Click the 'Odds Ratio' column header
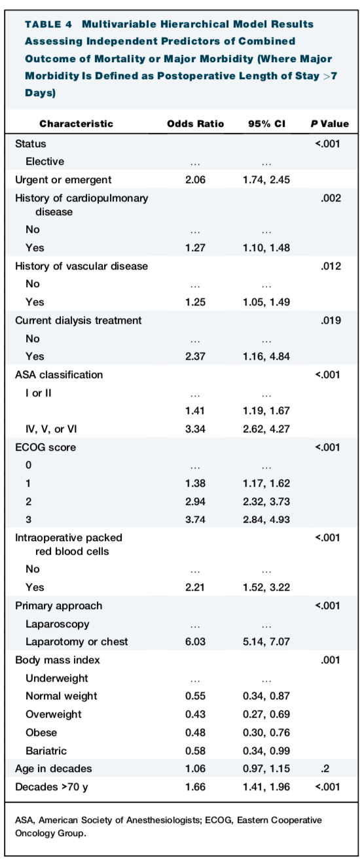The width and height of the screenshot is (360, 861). (x=196, y=124)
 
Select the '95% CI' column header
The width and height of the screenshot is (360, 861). (x=266, y=124)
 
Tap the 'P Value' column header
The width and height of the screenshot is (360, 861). (x=330, y=124)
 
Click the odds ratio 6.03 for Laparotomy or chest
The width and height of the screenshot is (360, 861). (x=196, y=642)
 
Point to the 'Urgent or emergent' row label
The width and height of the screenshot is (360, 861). (x=63, y=180)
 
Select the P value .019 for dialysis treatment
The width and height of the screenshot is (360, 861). (x=331, y=321)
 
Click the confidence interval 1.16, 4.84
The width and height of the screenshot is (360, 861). (x=266, y=357)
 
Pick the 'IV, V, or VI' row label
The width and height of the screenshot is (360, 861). (x=51, y=429)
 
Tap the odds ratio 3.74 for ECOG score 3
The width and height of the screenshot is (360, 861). (x=196, y=519)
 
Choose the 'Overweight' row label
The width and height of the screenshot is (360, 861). (x=54, y=714)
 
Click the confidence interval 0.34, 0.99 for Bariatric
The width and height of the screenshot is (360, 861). (x=266, y=750)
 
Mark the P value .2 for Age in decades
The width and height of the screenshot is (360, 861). (x=325, y=769)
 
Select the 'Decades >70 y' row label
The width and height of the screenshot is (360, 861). (x=52, y=787)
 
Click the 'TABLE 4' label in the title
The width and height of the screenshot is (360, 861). (x=48, y=25)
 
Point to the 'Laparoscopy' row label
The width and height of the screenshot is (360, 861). (x=58, y=624)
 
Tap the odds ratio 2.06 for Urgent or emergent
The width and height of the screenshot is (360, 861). (x=196, y=180)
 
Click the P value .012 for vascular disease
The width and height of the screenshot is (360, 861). (x=331, y=266)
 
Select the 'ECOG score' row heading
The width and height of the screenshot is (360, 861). (x=45, y=448)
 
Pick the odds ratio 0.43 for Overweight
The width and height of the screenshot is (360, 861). (x=196, y=714)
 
